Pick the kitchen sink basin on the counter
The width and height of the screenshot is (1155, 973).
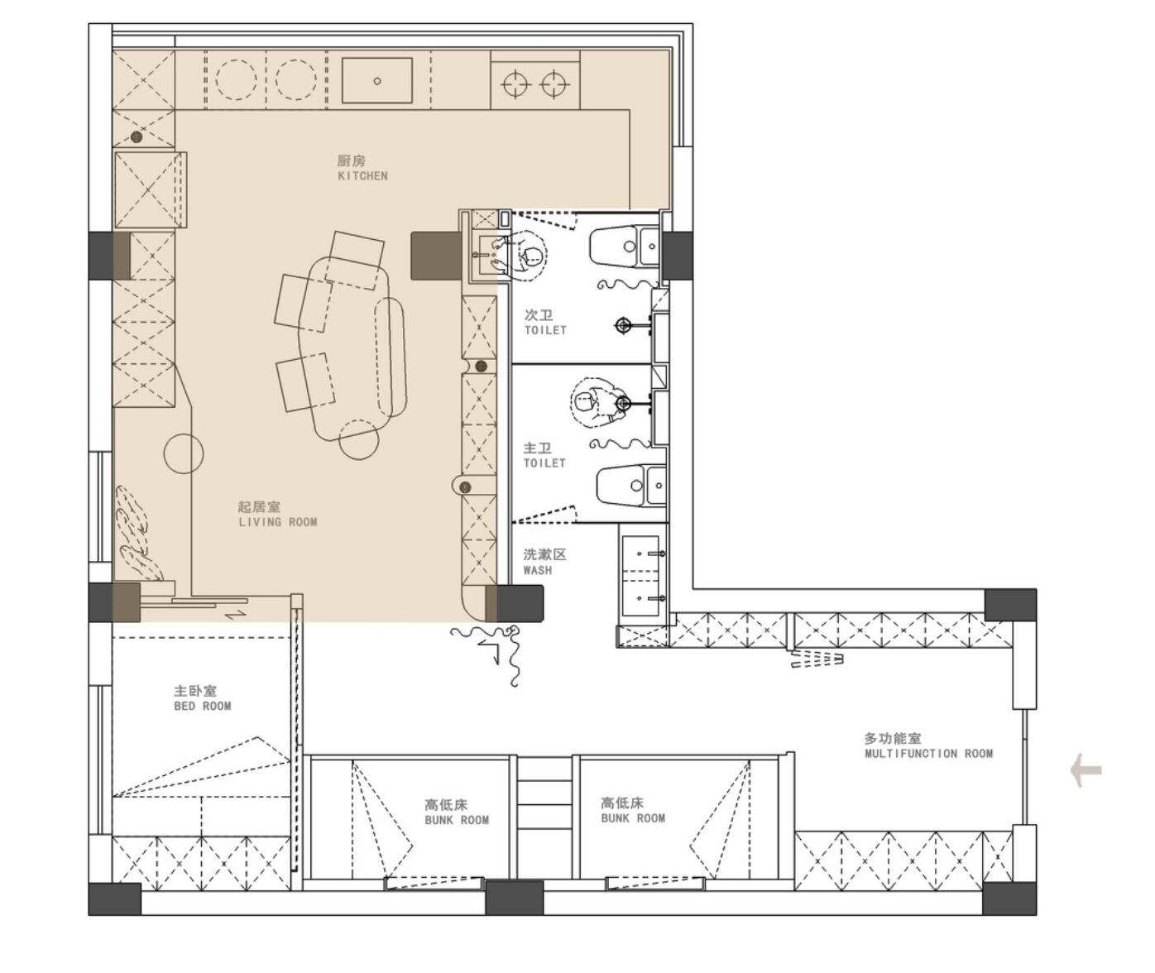[x=377, y=80]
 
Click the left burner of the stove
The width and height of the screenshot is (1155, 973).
[x=515, y=84]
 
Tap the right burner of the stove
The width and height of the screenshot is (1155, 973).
[x=554, y=84]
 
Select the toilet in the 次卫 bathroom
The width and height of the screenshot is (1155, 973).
[x=623, y=246]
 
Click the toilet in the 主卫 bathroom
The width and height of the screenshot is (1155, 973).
[x=631, y=485]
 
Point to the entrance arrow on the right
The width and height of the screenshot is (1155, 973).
[x=1086, y=770]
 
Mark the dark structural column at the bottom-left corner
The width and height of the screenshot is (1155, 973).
[x=114, y=899]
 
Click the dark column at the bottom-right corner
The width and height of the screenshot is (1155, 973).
[x=1009, y=899]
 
